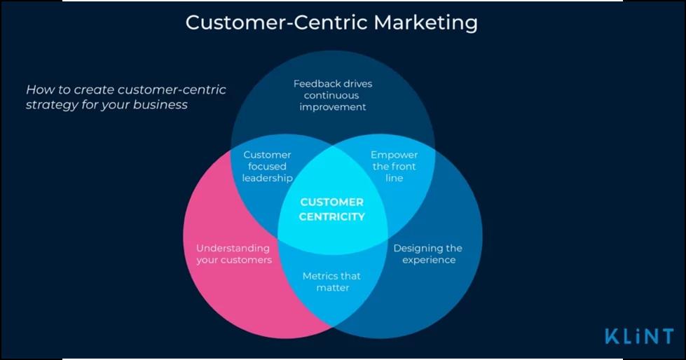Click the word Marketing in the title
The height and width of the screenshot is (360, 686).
click(x=425, y=22)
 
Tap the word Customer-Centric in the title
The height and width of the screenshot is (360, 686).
click(x=277, y=22)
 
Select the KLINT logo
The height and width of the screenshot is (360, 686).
click(x=639, y=336)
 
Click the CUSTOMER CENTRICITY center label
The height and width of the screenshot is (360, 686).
click(x=332, y=209)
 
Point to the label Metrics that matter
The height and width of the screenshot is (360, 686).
click(x=332, y=282)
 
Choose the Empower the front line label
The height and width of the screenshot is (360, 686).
click(x=394, y=166)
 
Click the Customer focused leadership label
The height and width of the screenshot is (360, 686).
click(x=267, y=166)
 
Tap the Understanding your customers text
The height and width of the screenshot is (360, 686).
click(x=233, y=254)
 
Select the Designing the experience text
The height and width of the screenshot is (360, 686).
click(x=427, y=254)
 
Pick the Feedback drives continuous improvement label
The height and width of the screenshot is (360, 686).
click(x=333, y=95)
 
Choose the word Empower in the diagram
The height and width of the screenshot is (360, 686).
click(x=394, y=155)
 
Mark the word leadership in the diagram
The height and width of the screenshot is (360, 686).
click(x=267, y=177)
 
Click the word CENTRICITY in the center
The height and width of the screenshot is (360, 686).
click(x=332, y=216)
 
